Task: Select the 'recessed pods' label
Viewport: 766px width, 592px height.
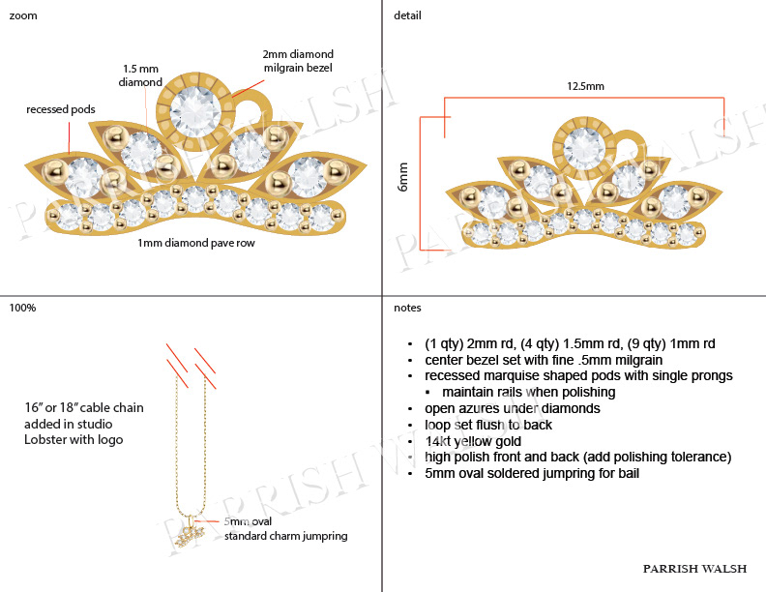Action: click(x=61, y=109)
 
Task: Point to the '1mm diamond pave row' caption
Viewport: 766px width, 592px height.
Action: click(x=196, y=244)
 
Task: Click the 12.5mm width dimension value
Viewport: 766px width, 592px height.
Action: click(x=585, y=86)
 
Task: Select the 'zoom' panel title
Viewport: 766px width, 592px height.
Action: click(x=23, y=15)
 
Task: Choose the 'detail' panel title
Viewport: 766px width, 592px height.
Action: click(x=407, y=15)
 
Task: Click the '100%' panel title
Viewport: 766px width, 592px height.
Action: click(x=22, y=308)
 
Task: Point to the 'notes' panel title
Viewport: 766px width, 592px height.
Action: click(x=407, y=308)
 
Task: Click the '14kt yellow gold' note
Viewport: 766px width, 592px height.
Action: click(x=472, y=441)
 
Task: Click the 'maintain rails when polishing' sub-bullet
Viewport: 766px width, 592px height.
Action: click(x=528, y=393)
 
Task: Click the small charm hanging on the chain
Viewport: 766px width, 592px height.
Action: click(x=190, y=531)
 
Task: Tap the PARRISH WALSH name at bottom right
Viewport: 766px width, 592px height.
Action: click(x=695, y=569)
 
